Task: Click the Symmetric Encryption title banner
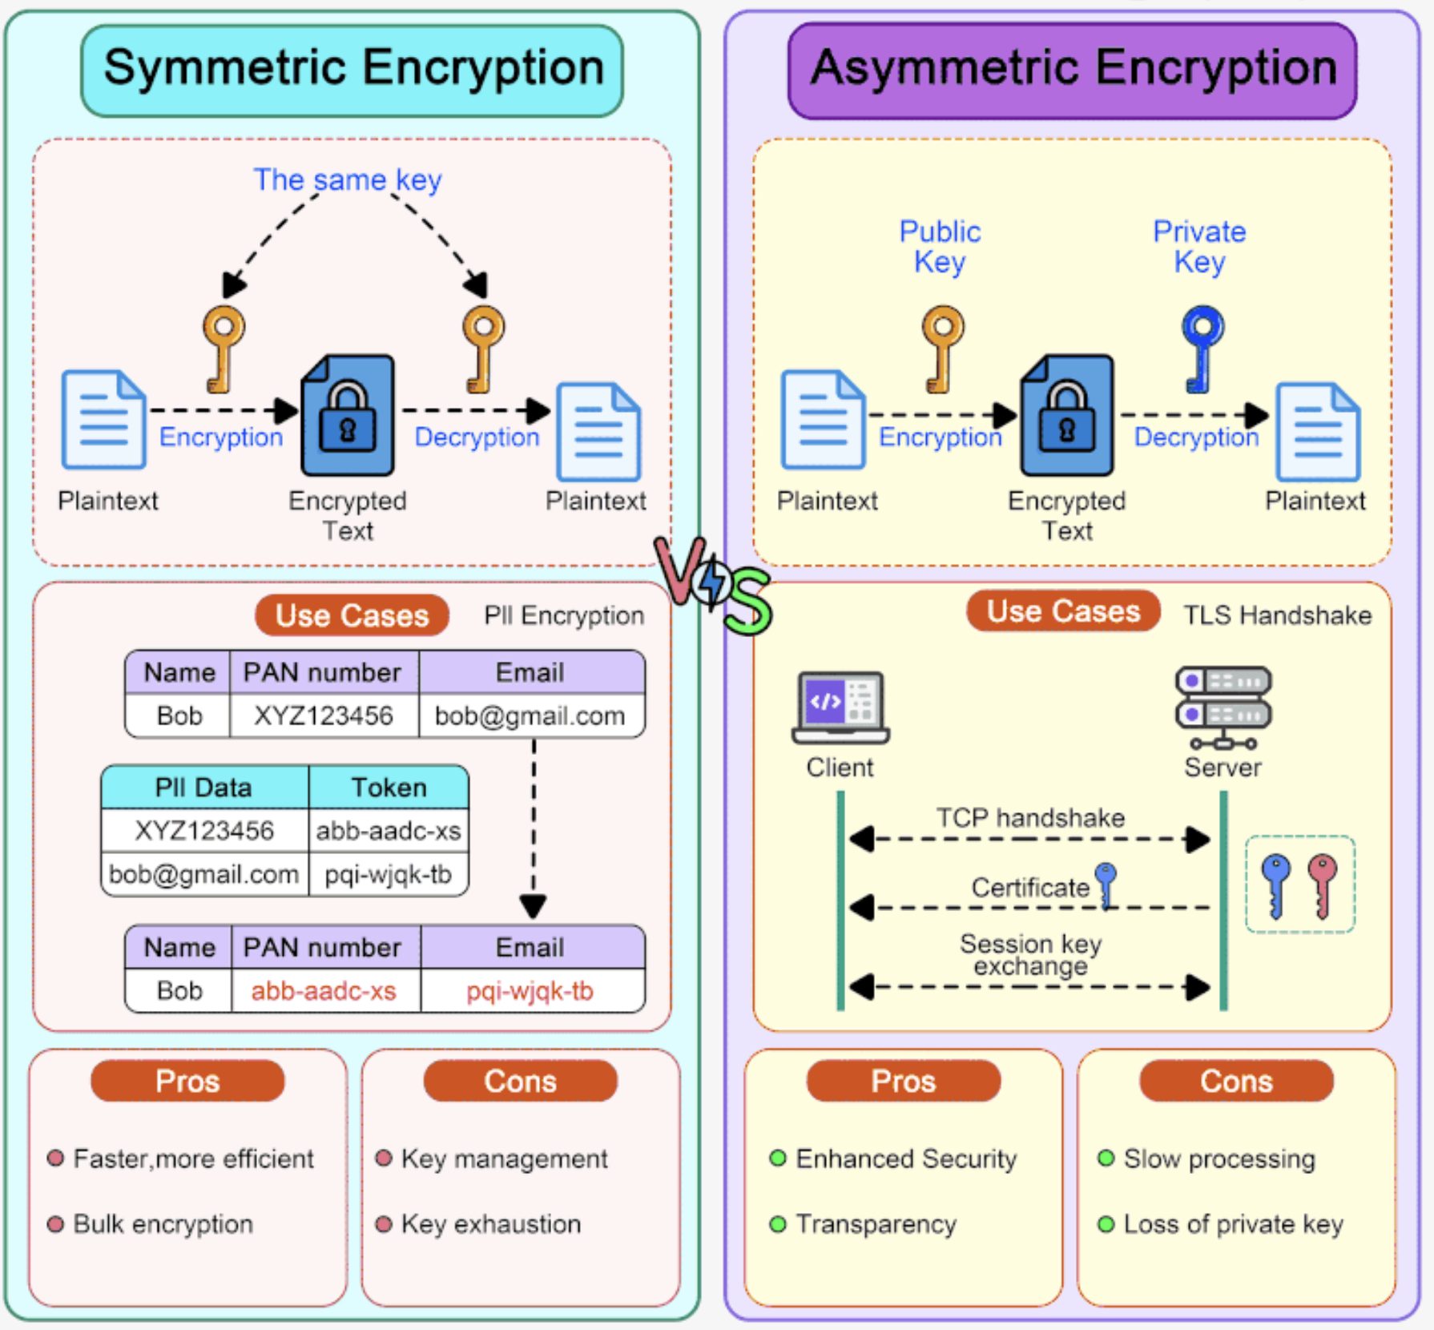[352, 70]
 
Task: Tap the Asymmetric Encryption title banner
[1072, 70]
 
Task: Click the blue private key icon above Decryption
[1202, 347]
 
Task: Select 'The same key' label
[347, 179]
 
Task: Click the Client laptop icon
[840, 707]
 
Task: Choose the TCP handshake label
[1030, 817]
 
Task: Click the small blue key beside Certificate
[1106, 884]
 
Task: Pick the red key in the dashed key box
[1322, 884]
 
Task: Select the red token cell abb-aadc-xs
[324, 991]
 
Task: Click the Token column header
[389, 788]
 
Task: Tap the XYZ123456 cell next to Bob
[324, 715]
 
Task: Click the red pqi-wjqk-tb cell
[530, 991]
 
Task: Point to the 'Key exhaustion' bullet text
[490, 1224]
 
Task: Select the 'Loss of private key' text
[1233, 1224]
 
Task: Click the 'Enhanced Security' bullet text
[906, 1159]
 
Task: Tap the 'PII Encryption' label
[564, 615]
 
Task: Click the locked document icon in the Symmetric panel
[348, 415]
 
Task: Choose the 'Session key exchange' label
[1030, 954]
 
